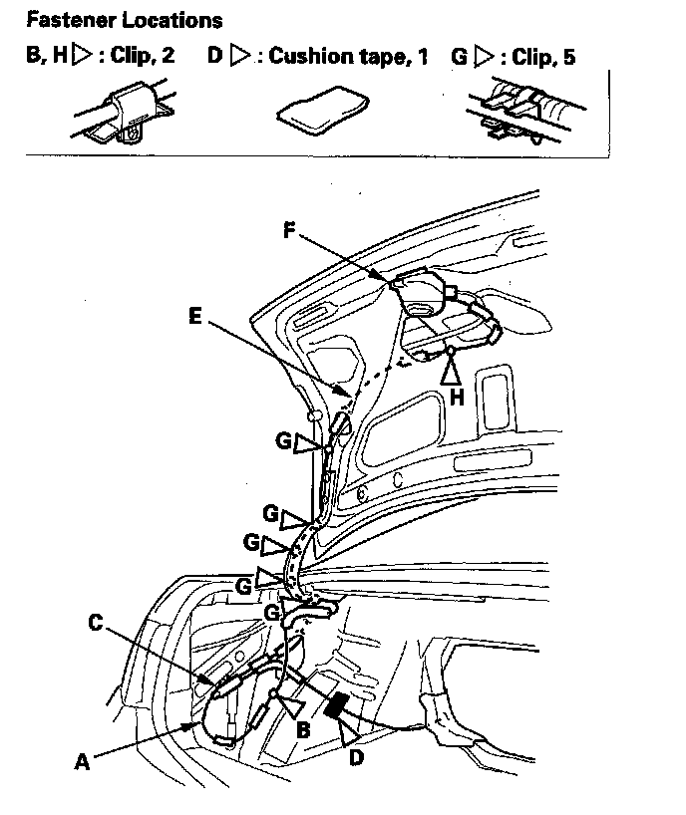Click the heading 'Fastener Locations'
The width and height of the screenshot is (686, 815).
tap(125, 20)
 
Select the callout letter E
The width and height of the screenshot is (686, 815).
tap(196, 318)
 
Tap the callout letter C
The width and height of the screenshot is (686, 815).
tap(96, 623)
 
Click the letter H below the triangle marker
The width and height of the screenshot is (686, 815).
tap(457, 397)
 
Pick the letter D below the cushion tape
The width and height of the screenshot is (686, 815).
tap(355, 758)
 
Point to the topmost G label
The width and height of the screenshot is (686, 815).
tap(284, 438)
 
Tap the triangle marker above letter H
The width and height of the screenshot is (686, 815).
tap(452, 371)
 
